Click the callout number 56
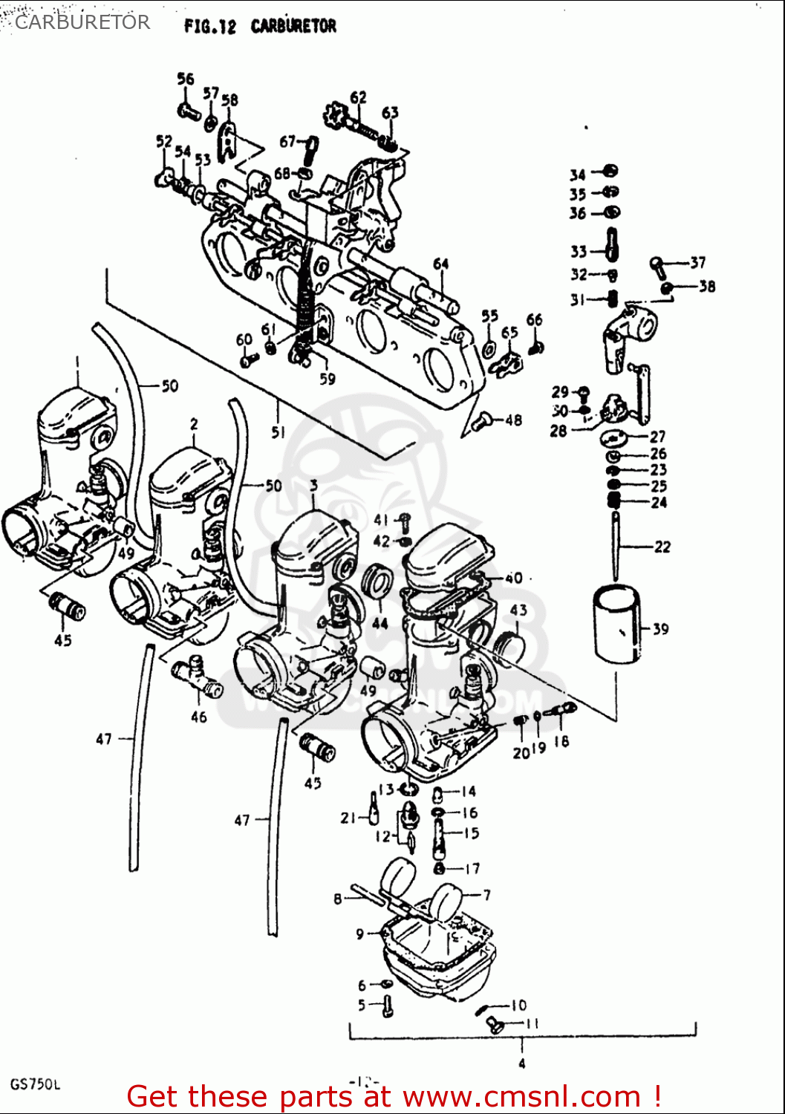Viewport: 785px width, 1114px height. click(185, 79)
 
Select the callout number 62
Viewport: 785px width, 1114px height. click(358, 97)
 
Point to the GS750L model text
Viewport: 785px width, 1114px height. click(35, 1084)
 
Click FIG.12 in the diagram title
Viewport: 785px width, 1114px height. click(209, 27)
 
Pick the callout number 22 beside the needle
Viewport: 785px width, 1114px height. click(662, 547)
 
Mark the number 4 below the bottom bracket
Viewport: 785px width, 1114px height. click(522, 1063)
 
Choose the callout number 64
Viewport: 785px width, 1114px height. click(441, 264)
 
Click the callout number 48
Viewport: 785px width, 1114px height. click(513, 420)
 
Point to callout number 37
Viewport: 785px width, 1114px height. click(697, 262)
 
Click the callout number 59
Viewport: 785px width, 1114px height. click(328, 379)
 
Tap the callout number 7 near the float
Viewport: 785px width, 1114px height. click(486, 895)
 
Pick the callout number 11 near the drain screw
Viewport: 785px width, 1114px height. click(532, 1024)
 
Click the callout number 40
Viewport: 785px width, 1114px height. click(513, 578)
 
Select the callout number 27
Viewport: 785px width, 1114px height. click(657, 437)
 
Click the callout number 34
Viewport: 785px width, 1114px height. click(577, 175)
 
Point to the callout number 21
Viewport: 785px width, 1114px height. click(348, 818)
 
